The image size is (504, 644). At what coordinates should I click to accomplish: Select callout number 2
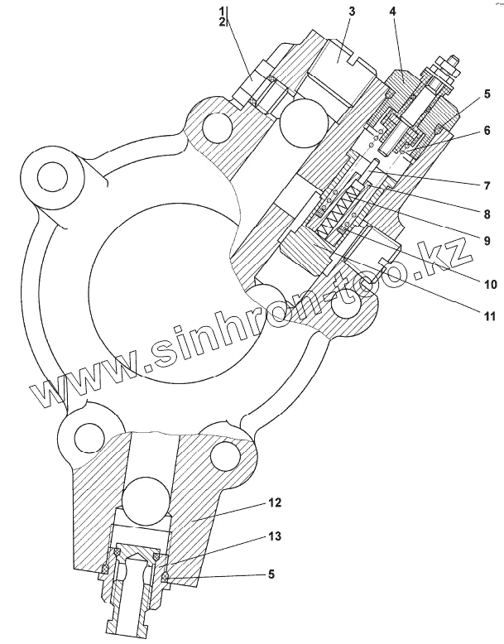pyautogui.click(x=222, y=22)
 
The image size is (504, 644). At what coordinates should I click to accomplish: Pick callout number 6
pyautogui.click(x=487, y=130)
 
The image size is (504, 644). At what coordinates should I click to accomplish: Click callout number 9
pyautogui.click(x=487, y=242)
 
